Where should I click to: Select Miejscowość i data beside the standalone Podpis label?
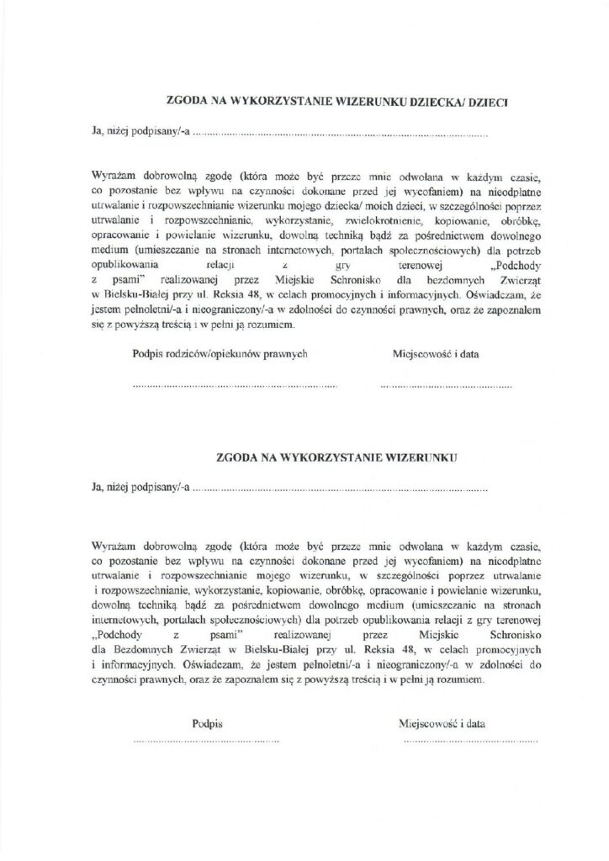point(445,722)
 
